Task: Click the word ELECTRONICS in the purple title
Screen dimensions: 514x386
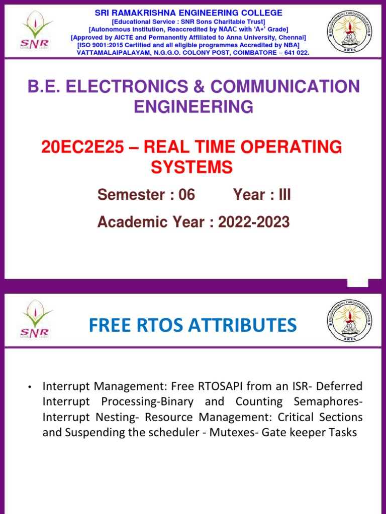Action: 126,86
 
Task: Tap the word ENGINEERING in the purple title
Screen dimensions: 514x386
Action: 193,106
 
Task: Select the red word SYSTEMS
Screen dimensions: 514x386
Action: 192,167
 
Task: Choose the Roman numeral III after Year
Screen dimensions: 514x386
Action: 284,195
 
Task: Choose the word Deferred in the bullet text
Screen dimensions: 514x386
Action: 342,387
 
